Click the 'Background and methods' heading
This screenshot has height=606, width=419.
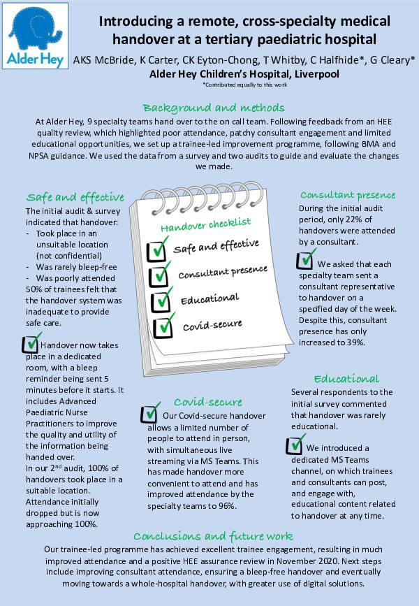click(x=213, y=108)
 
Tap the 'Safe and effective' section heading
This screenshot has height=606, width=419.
click(x=75, y=196)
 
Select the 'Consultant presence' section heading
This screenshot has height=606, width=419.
click(x=348, y=195)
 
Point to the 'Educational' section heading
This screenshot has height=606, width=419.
click(x=346, y=379)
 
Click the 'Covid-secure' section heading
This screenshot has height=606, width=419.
click(x=208, y=402)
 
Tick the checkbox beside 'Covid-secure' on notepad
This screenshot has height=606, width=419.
click(x=163, y=326)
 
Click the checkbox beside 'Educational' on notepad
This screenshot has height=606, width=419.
click(x=162, y=301)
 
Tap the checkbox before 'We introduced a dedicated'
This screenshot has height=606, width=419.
click(x=296, y=445)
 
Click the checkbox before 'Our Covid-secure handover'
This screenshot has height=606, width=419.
click(x=149, y=414)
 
